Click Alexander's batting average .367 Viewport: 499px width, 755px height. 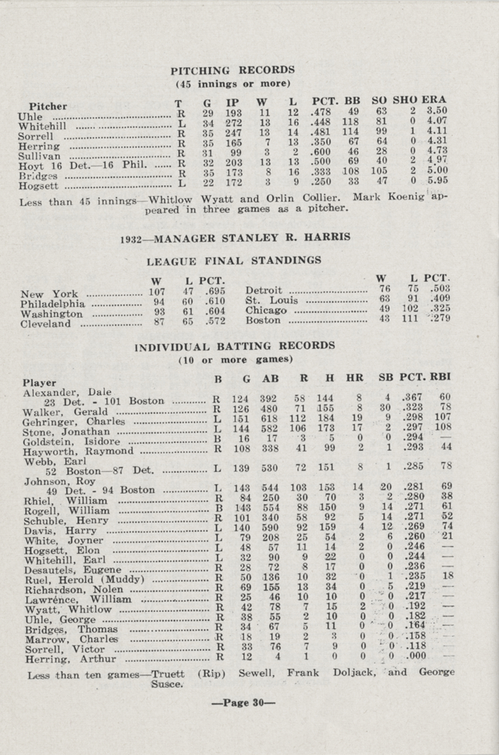[411, 397]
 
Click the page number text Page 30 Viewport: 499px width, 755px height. [249, 701]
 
